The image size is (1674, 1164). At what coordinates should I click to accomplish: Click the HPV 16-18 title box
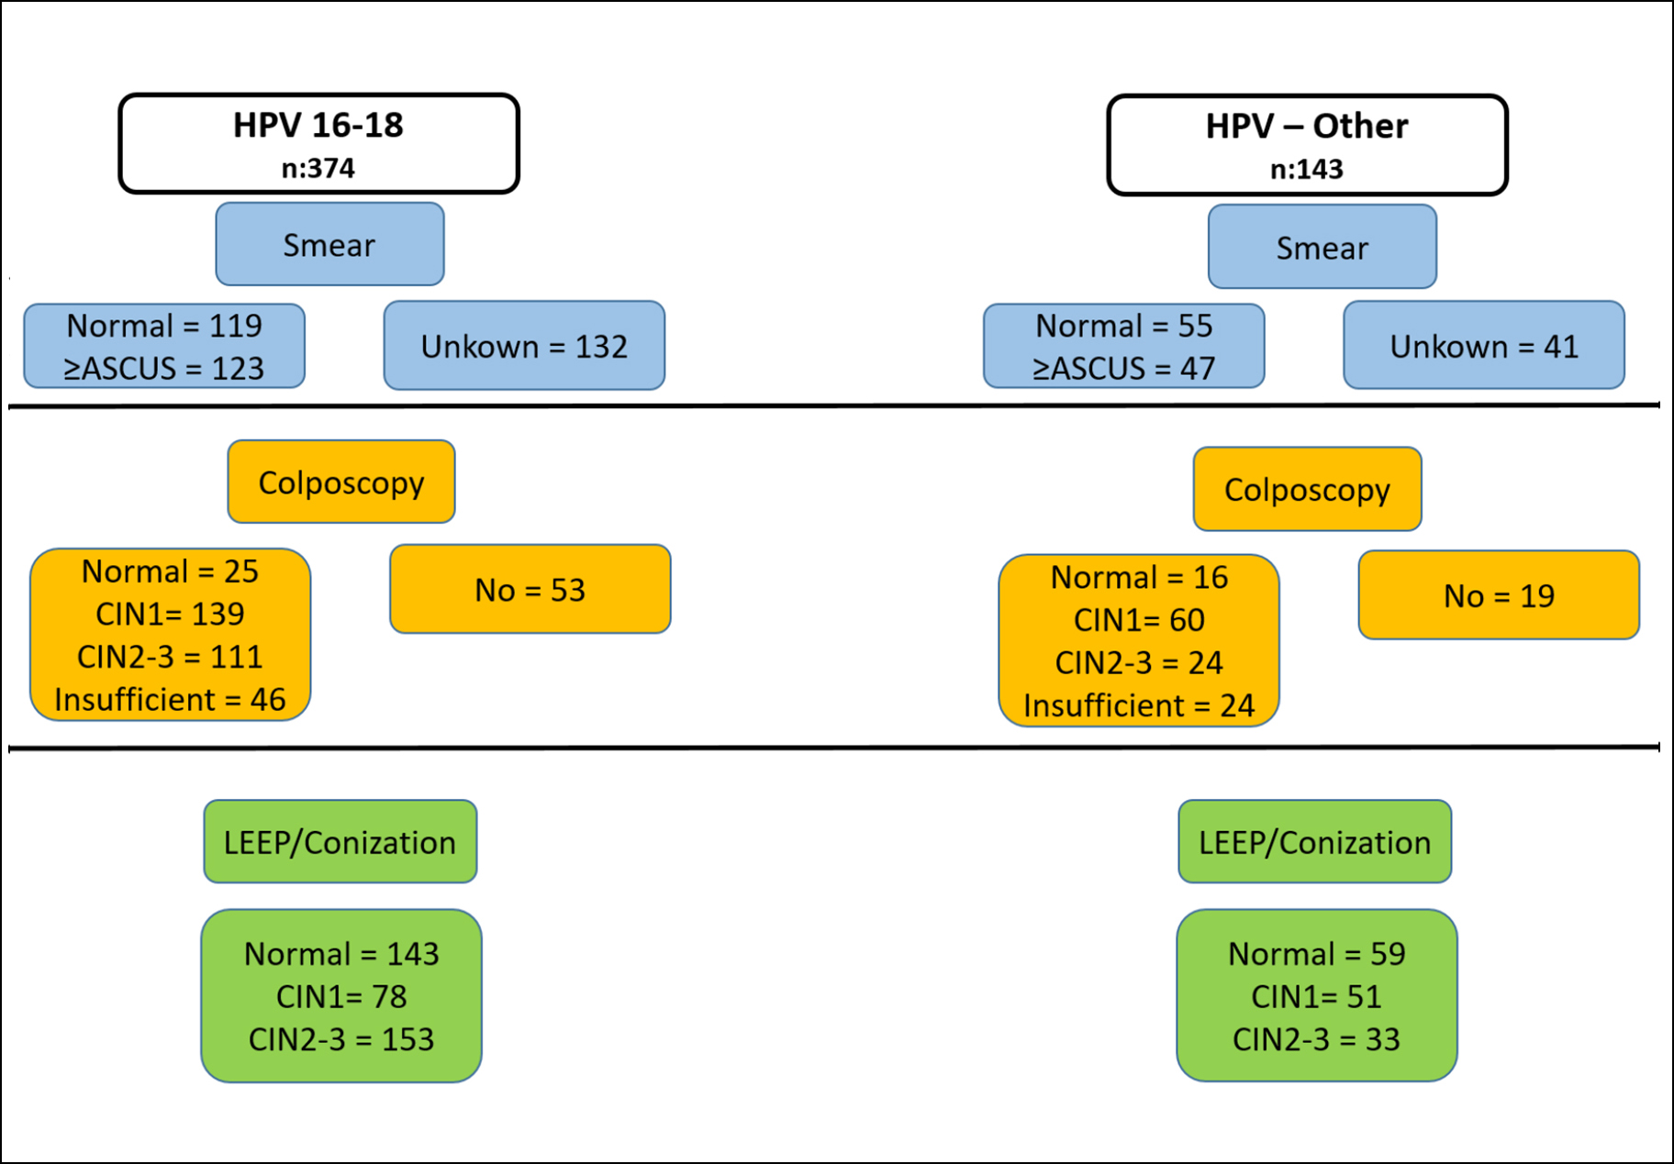(x=318, y=143)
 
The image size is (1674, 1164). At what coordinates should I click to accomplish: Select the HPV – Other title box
(x=1307, y=145)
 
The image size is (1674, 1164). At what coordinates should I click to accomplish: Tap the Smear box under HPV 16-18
(x=329, y=244)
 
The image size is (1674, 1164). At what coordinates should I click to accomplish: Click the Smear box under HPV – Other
(x=1322, y=247)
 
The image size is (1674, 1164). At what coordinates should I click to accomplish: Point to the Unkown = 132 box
(x=524, y=346)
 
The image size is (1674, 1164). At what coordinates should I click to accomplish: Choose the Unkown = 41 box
(x=1483, y=346)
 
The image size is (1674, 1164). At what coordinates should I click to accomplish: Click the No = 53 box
(x=530, y=589)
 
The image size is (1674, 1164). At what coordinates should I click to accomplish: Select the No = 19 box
(x=1499, y=595)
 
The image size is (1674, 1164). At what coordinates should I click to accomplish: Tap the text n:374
(x=318, y=169)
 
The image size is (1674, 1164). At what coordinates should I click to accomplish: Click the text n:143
(x=1306, y=170)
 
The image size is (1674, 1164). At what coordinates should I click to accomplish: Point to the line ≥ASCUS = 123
(x=163, y=369)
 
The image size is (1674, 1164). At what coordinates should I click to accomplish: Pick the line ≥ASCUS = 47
(x=1123, y=369)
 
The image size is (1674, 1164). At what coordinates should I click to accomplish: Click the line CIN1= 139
(x=170, y=614)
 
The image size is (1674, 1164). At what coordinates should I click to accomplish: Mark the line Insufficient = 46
(x=170, y=700)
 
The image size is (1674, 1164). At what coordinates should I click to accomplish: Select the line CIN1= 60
(x=1139, y=620)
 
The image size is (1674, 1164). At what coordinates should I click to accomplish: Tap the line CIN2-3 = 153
(x=340, y=1039)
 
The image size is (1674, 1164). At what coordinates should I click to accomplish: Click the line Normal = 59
(x=1316, y=954)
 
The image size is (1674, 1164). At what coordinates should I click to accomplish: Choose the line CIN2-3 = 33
(x=1316, y=1039)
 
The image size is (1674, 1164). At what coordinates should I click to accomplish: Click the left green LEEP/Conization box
(x=340, y=841)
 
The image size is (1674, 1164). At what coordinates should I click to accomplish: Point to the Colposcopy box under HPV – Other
(x=1307, y=489)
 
